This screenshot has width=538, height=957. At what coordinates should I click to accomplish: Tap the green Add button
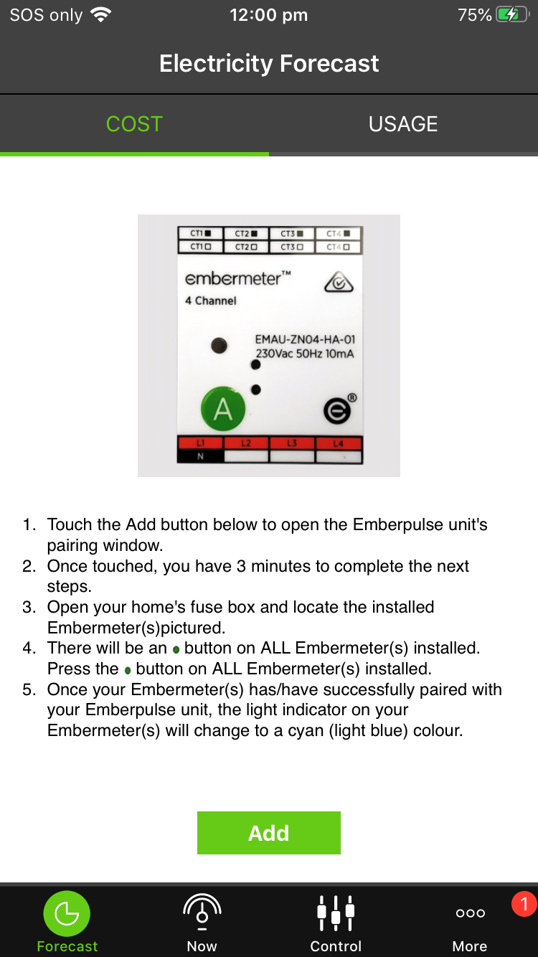pos(268,833)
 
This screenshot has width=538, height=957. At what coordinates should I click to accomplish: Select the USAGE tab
pos(402,124)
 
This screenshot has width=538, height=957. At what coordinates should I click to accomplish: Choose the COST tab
pos(134,124)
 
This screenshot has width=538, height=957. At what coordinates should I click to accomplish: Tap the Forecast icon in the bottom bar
pos(67,914)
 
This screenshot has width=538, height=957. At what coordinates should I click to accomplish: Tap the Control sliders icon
pos(336,913)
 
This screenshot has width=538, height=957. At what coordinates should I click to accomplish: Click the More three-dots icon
pos(470,913)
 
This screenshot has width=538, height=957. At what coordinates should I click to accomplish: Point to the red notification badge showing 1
pos(524,904)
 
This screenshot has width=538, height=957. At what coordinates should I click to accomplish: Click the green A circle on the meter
pos(223,409)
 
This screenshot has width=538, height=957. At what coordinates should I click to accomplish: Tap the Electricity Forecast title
pos(269,64)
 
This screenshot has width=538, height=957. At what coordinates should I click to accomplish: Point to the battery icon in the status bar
pos(512,15)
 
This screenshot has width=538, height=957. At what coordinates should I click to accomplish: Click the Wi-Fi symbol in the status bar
pos(101,15)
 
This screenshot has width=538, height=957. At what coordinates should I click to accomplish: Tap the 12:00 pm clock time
pos(268,15)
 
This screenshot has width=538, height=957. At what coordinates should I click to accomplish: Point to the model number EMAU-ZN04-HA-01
pos(305,339)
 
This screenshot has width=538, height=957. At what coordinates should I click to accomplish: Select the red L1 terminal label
pos(201,443)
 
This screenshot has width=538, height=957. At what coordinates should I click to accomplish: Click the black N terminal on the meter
pos(201,456)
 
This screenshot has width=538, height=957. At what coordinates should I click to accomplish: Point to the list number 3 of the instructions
pos(29,607)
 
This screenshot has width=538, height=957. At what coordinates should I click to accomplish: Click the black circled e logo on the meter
pos(336,412)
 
